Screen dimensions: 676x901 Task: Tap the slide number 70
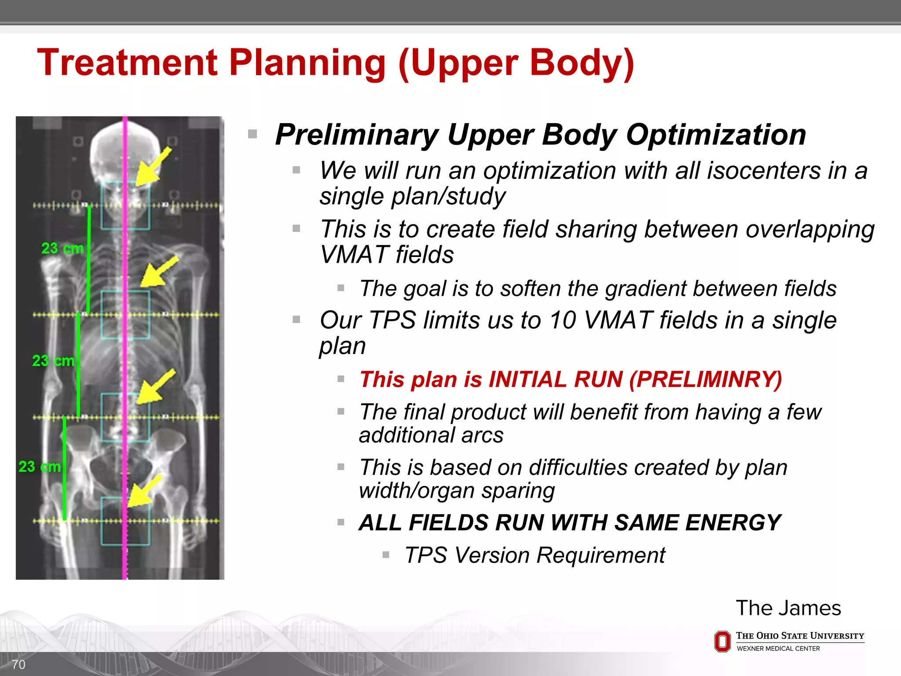(18, 665)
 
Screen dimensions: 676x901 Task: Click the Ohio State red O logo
(722, 641)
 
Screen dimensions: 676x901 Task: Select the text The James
(788, 608)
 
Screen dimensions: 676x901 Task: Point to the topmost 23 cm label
(62, 248)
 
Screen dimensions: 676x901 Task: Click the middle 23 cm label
(53, 361)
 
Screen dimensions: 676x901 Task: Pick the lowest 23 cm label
(40, 467)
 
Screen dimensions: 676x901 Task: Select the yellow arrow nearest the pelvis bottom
(143, 492)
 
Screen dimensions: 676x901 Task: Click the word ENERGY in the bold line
(733, 523)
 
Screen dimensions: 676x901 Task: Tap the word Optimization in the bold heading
(716, 135)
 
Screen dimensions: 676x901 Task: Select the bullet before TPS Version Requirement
(386, 555)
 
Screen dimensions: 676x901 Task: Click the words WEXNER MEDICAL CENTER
(778, 649)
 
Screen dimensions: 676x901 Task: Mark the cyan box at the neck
(125, 206)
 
